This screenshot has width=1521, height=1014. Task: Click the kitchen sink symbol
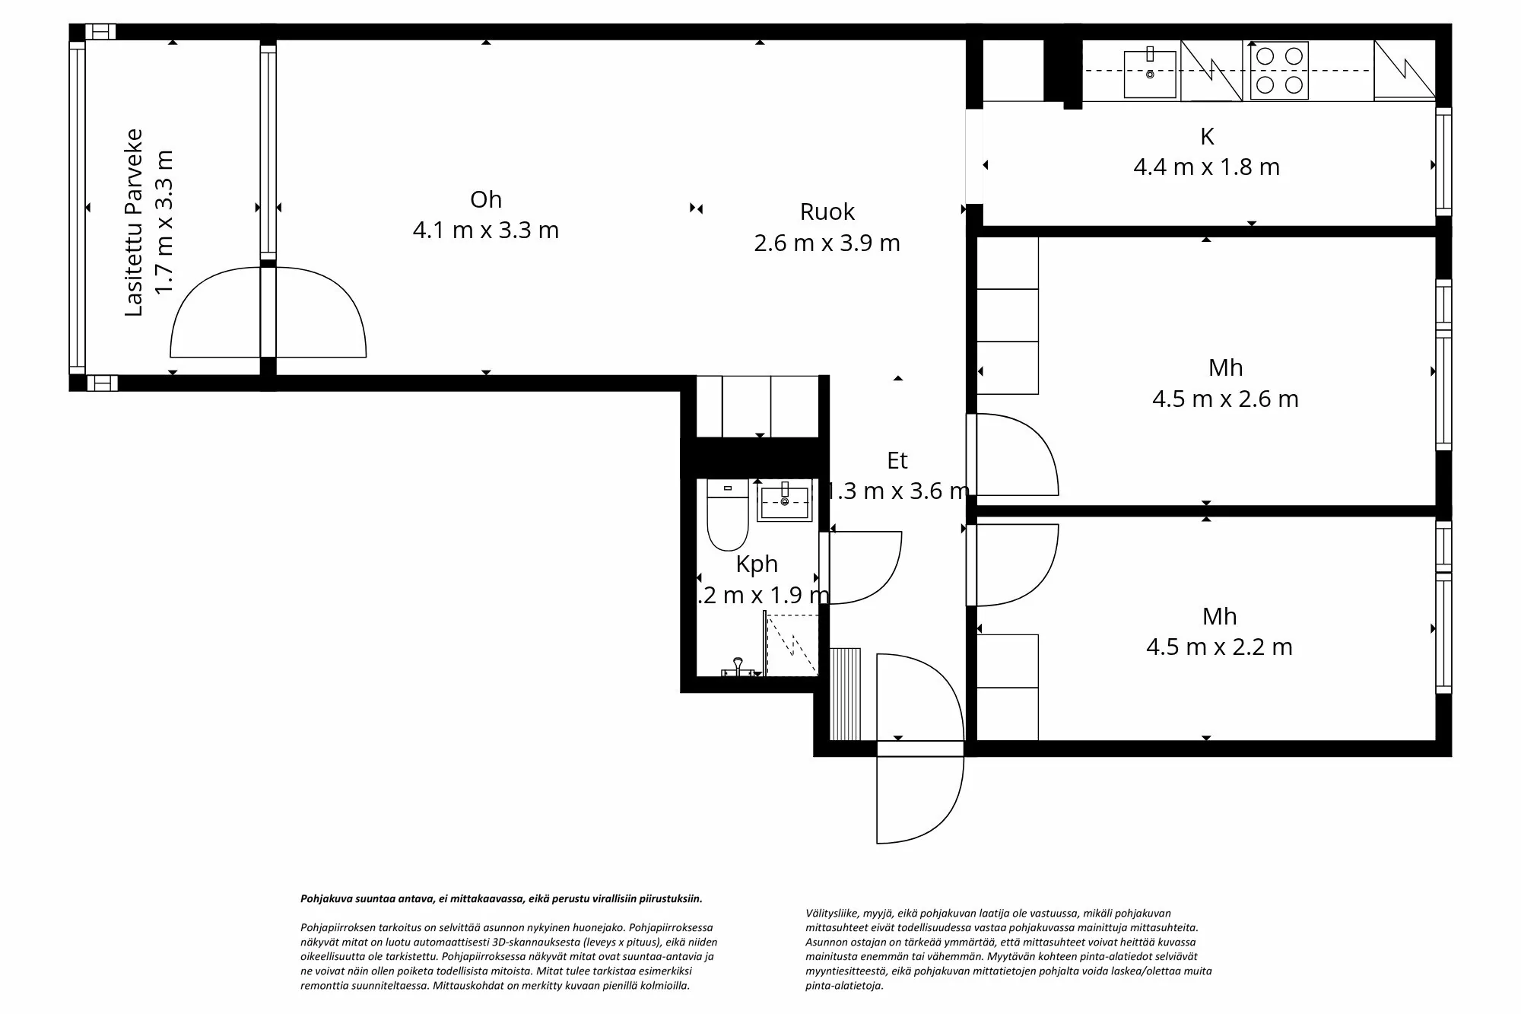coord(1150,70)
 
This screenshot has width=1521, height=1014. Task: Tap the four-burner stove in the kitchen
coord(1278,71)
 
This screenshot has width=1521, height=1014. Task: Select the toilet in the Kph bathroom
coord(728,515)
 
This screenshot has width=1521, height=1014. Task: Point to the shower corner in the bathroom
coord(790,645)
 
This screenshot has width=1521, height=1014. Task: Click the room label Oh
coord(486,199)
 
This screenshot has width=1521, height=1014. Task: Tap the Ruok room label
coord(827,211)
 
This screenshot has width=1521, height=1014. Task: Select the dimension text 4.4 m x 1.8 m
coord(1207,167)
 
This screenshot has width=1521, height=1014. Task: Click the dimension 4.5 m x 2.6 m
coord(1225,399)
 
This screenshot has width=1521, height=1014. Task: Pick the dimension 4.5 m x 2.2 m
coord(1219,647)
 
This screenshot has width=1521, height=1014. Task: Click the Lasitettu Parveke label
coord(134,222)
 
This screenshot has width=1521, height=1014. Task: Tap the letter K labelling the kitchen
coord(1207,137)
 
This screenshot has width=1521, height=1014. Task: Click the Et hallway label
coord(897,460)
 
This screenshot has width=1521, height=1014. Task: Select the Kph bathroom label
coord(757,564)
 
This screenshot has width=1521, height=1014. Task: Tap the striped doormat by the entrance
coord(845,694)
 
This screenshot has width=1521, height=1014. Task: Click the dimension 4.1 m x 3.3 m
coord(486,230)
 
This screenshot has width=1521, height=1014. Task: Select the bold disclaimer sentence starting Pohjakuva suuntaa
coord(501,898)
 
